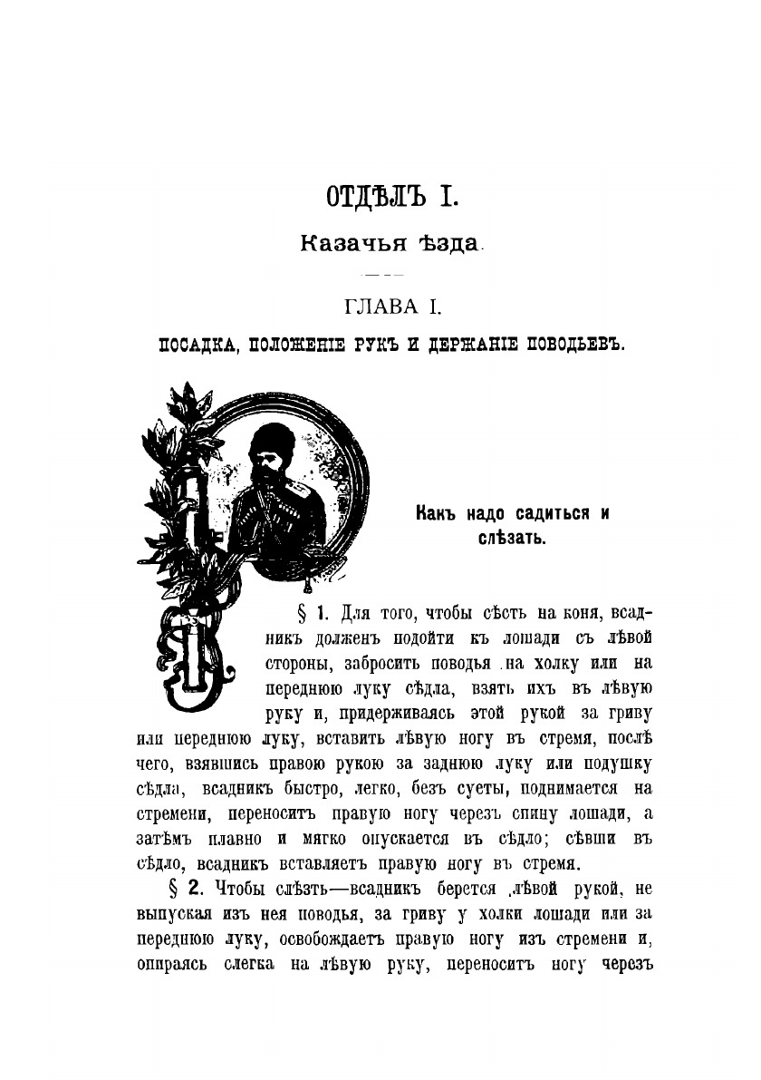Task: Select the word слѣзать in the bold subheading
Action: [x=512, y=540]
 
